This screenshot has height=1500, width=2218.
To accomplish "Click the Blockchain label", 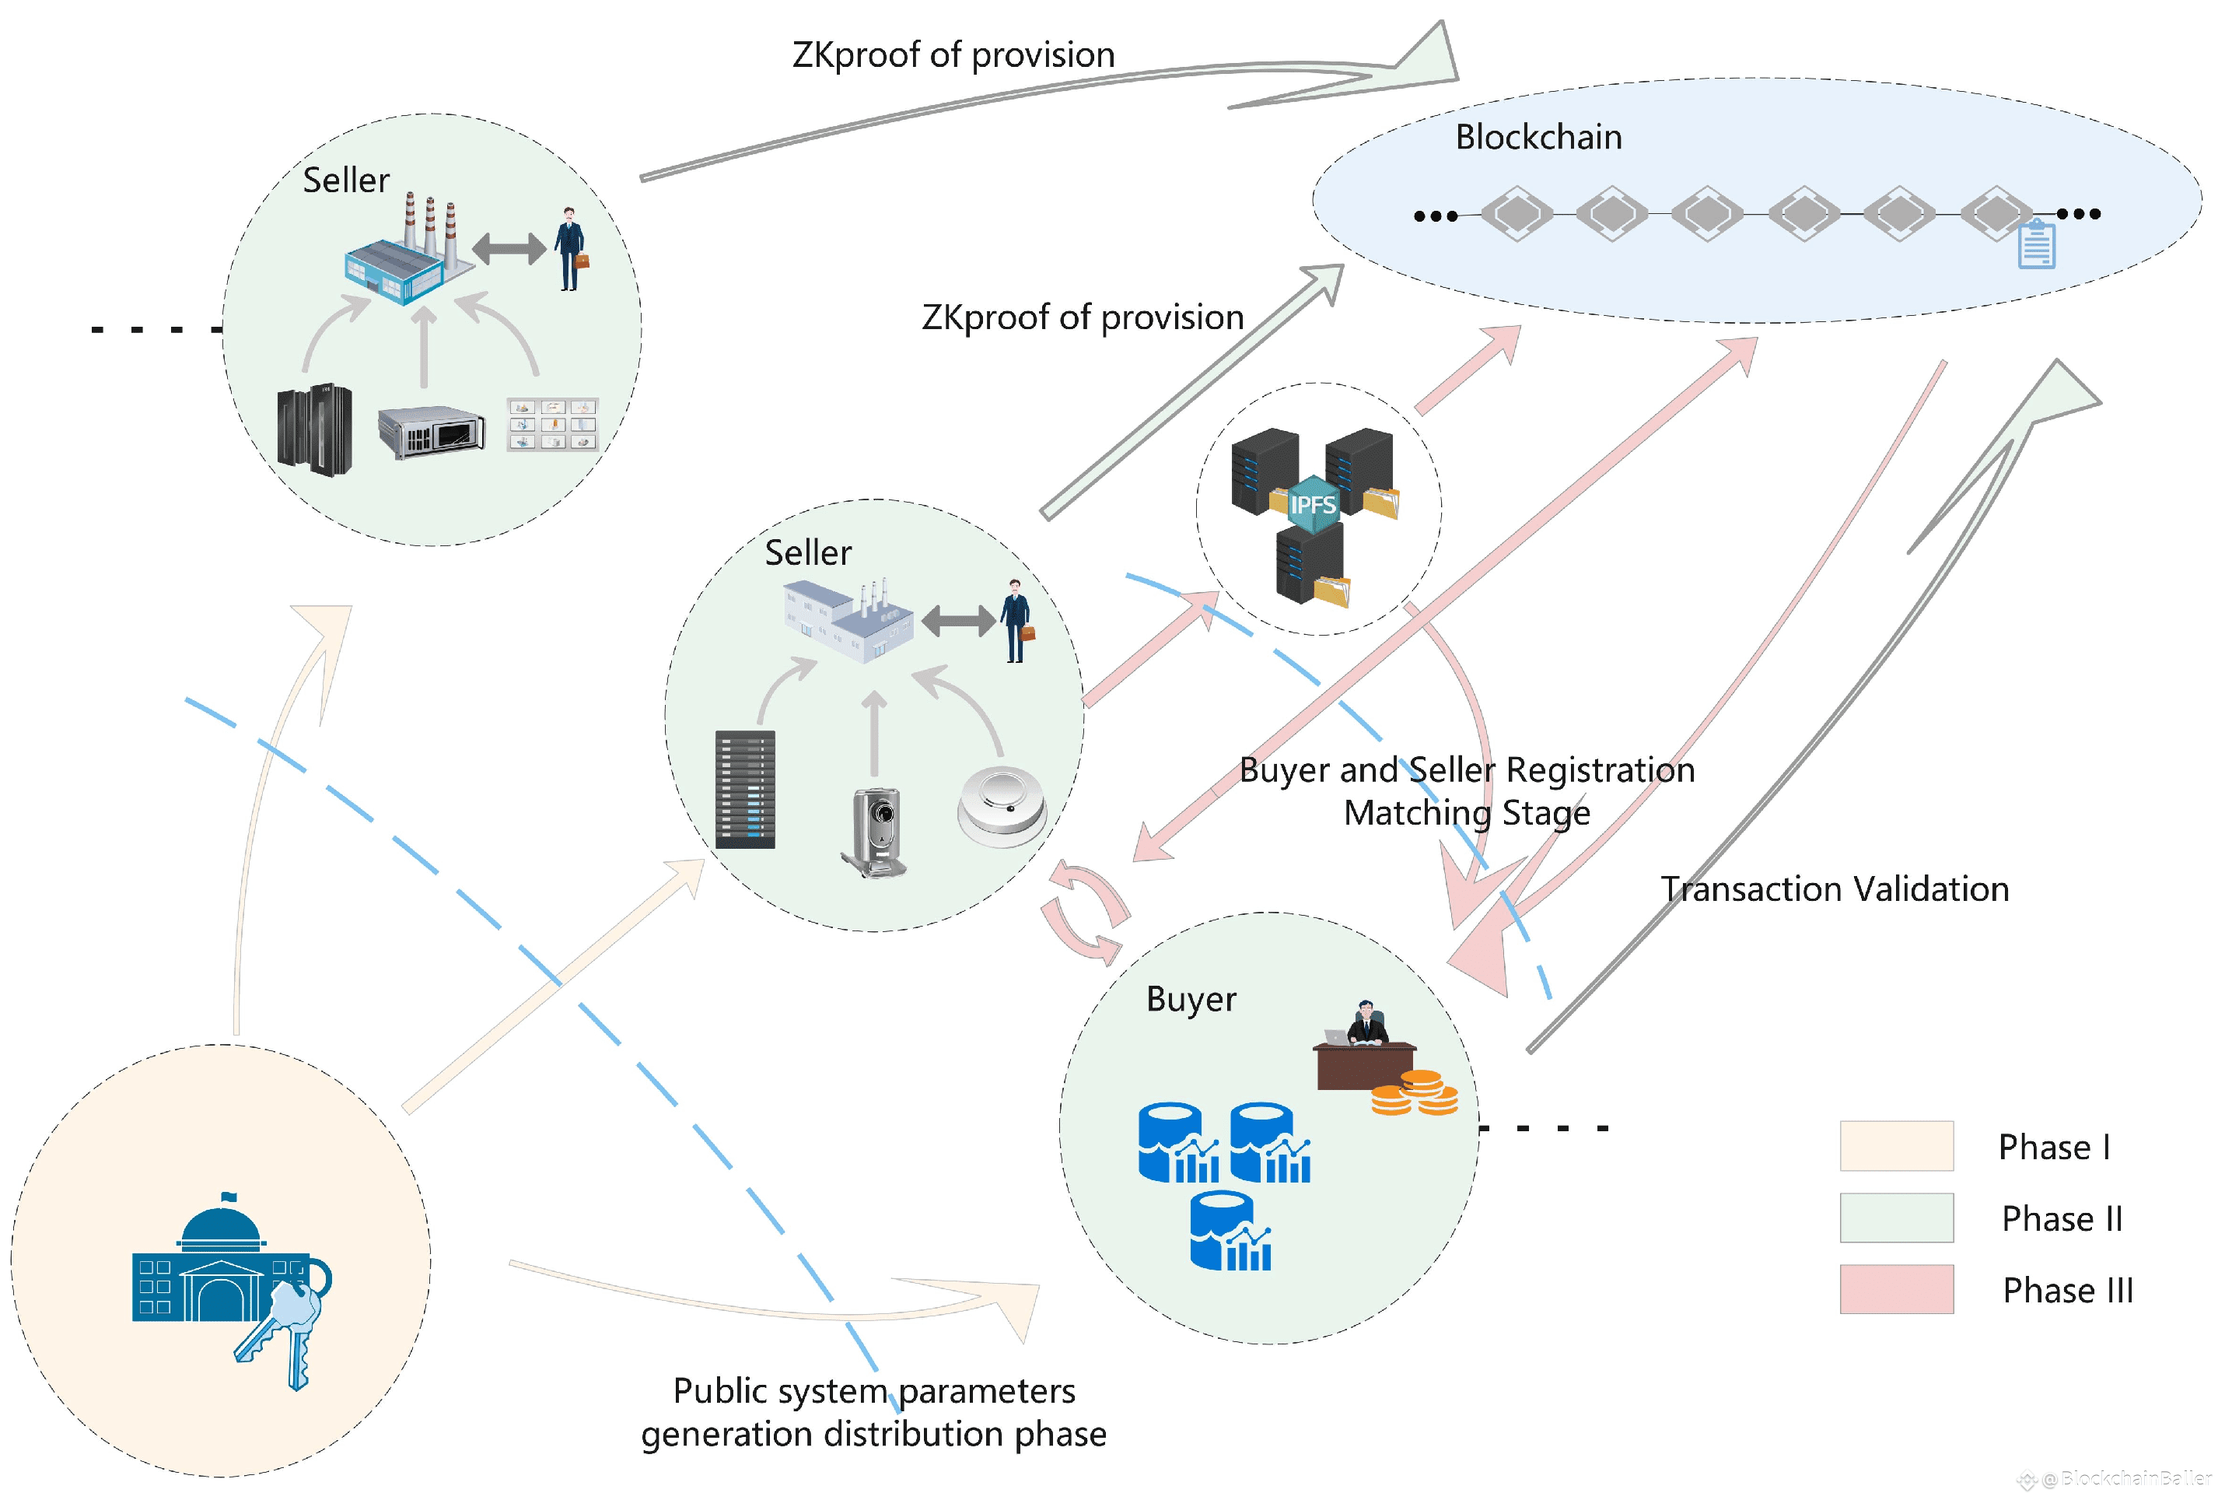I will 1538,138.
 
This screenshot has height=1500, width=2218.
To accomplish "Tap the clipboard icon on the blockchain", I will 2036,244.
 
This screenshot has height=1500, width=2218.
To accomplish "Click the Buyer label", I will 1190,999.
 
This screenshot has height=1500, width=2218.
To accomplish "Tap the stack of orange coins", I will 1415,1093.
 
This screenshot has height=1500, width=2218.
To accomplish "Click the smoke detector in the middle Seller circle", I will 1002,806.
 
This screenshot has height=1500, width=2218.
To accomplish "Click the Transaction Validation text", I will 1835,889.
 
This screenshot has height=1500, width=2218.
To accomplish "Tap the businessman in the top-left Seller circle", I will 570,248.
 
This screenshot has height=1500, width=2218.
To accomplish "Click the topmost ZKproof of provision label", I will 953,55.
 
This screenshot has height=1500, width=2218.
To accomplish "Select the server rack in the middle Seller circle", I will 745,790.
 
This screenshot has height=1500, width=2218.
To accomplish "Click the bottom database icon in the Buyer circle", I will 1230,1232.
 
